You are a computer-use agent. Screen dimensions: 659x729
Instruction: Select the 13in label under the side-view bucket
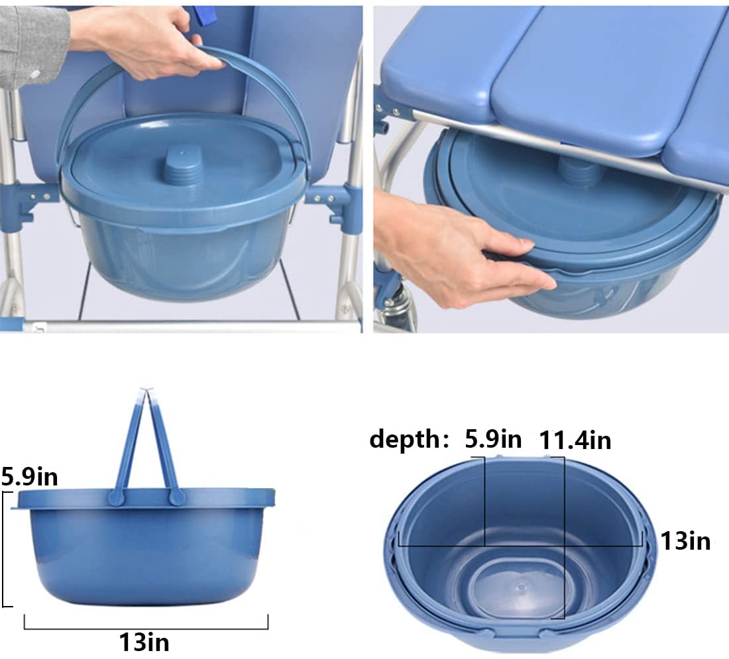point(144,641)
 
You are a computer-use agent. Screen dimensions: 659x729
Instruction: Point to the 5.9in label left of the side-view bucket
point(29,476)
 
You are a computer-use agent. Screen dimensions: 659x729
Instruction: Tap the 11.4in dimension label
point(575,440)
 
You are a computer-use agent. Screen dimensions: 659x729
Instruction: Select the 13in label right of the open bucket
point(685,541)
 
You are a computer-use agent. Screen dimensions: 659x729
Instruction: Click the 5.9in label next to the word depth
point(493,439)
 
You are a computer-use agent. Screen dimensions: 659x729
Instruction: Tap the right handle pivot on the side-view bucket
point(176,497)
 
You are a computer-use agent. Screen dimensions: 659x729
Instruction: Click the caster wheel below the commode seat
point(396,311)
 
